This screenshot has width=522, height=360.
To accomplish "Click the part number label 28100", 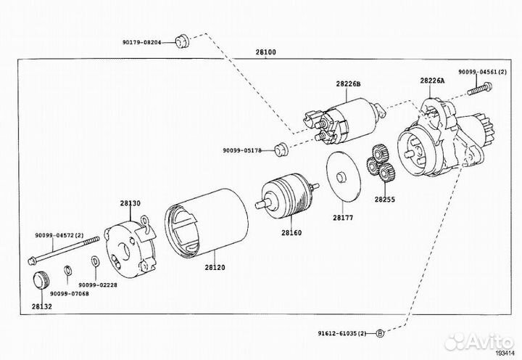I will pos(265,53).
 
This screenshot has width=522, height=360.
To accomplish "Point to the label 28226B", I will pos(348,86).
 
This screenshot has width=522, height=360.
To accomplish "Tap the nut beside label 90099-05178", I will pos(282,150).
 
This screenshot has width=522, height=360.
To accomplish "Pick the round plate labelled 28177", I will pos(343,177).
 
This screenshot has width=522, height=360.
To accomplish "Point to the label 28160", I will pos(291,233).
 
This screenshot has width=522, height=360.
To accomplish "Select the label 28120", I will pos(215,267).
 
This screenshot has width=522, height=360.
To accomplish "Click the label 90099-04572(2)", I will pos(59,234).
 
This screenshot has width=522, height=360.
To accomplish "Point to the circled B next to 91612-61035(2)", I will pos(379,333).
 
